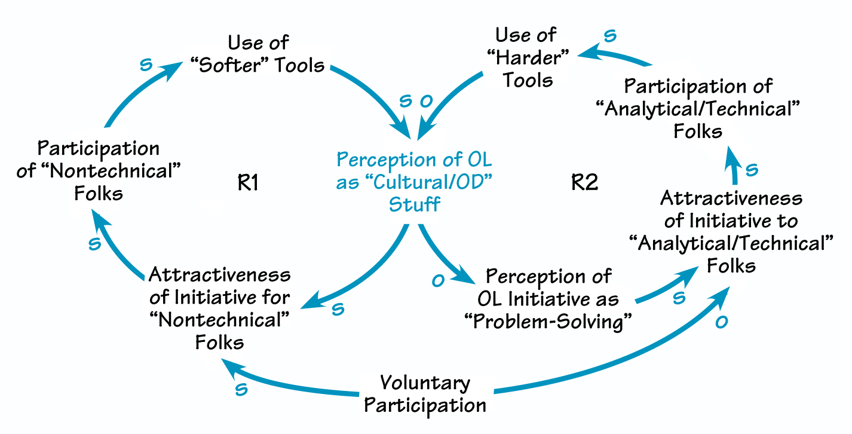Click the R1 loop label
coord(247,182)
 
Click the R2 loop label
coord(584,182)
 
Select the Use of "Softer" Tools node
coord(258,54)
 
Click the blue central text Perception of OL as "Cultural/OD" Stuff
coord(415,182)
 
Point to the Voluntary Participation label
coord(425,393)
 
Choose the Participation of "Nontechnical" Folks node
coord(99,170)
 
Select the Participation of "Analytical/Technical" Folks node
coord(698,108)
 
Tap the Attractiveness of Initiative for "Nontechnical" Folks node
coord(219,308)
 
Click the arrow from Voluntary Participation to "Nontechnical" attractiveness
coord(287,381)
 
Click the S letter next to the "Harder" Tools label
coord(609,36)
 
